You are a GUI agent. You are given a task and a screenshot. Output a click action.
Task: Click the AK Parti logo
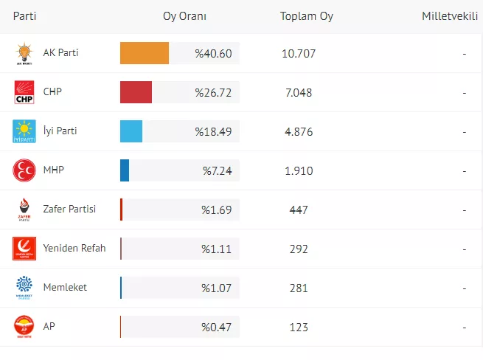24,54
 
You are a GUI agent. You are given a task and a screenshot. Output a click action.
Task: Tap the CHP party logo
24,93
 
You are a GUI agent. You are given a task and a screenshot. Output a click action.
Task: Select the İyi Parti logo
24,131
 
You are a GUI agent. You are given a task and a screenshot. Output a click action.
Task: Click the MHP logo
24,170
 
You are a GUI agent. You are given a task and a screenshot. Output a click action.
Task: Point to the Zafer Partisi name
70,210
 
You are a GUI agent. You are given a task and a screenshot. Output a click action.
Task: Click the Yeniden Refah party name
74,249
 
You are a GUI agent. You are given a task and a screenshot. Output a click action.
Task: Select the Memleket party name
66,287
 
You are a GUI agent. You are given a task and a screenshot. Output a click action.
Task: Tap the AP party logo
24,326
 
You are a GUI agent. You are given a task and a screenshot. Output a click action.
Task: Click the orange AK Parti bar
145,54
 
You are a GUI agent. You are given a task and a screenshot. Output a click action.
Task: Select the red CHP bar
136,93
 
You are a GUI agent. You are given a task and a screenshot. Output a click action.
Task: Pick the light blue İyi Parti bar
131,131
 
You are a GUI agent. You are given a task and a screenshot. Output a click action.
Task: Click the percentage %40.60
213,54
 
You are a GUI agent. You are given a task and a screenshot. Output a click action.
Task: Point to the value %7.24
218,170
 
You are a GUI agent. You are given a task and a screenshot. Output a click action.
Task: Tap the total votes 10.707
299,54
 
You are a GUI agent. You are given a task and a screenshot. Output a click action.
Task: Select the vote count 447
299,210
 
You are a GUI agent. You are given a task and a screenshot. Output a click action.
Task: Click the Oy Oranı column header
184,16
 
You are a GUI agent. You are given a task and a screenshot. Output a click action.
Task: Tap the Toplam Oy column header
307,16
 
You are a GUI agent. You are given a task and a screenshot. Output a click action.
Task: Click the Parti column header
25,16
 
